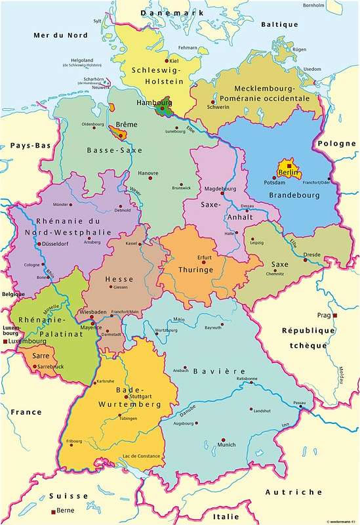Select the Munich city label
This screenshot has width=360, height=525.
click(x=226, y=445)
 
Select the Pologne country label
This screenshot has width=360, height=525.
click(x=336, y=144)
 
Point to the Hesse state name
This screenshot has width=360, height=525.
click(x=120, y=279)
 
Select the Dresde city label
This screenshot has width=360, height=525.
click(x=311, y=255)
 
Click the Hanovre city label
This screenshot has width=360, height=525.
click(x=148, y=173)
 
